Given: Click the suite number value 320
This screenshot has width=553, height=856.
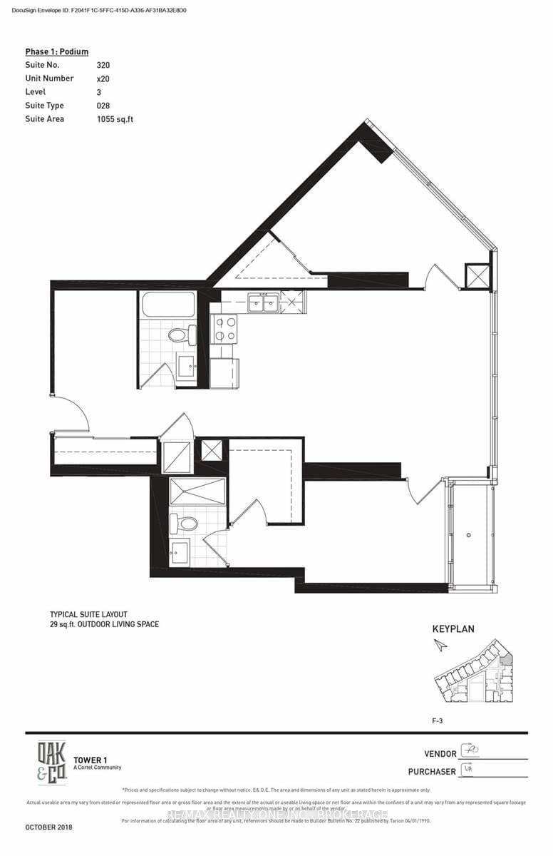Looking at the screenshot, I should [103, 65].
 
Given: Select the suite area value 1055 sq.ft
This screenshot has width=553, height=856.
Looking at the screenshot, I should [115, 119].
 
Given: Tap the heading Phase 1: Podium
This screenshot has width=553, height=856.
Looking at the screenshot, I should [57, 51].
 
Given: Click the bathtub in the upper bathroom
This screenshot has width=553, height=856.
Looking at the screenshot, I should [168, 306].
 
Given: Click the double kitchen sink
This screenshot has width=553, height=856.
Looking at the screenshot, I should [262, 303].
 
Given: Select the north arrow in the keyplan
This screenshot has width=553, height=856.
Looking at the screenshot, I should [440, 645].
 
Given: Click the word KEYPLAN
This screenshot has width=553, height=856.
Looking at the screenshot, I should [453, 629].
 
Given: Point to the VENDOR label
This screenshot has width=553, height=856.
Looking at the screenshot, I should [440, 753].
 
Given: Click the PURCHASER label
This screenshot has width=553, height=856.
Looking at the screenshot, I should [432, 771].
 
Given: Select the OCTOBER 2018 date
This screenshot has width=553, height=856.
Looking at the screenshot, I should [48, 827].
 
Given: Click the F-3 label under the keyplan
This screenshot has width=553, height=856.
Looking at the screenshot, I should [439, 721].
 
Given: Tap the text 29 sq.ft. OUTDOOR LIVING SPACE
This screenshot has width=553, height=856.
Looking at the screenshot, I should [104, 624].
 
